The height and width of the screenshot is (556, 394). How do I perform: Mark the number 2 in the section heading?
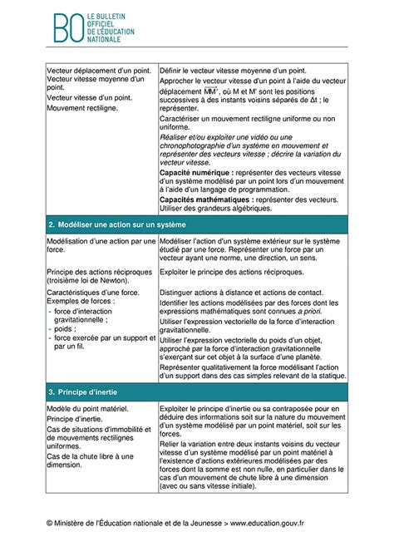pyautogui.click(x=51, y=225)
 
